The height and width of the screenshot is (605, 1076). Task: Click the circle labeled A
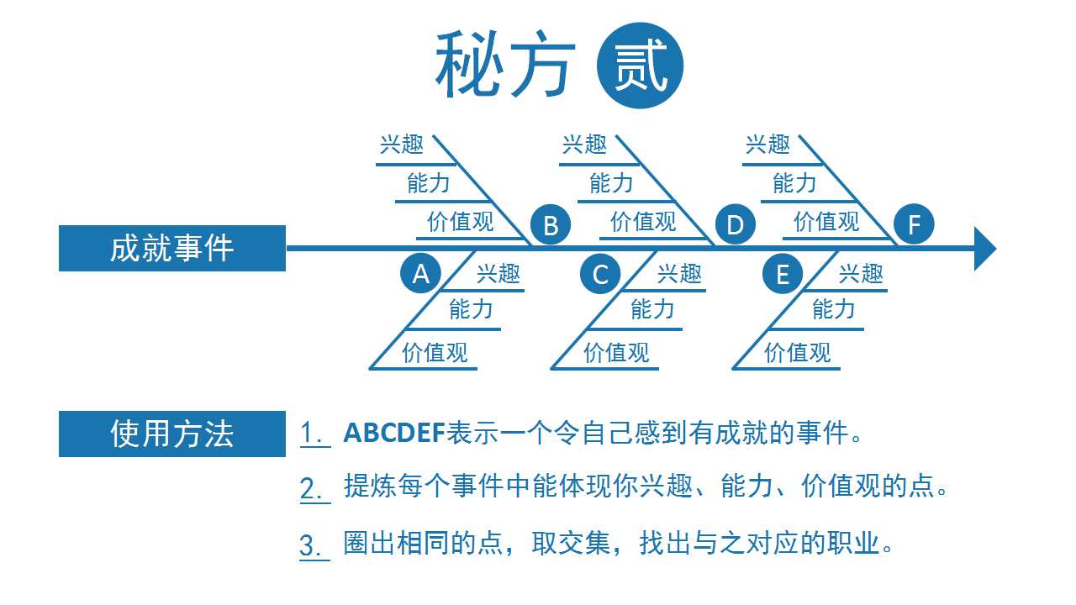pyautogui.click(x=420, y=274)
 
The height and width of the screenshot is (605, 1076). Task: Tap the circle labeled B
pyautogui.click(x=551, y=224)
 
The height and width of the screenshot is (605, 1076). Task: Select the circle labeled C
pyautogui.click(x=600, y=274)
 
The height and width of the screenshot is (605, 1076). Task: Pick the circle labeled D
pyautogui.click(x=735, y=224)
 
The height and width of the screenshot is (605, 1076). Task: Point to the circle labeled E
pyautogui.click(x=783, y=274)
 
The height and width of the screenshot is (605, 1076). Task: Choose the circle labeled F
pyautogui.click(x=914, y=224)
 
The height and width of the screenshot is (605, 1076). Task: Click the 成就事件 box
pyautogui.click(x=172, y=248)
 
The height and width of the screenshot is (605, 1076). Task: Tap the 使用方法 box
pyautogui.click(x=172, y=434)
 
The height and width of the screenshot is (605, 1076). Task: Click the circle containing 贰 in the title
pyautogui.click(x=640, y=66)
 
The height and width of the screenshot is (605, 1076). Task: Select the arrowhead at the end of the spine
pyautogui.click(x=984, y=249)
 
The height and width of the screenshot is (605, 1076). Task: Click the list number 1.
pyautogui.click(x=314, y=433)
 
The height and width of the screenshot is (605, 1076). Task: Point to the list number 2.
pyautogui.click(x=314, y=489)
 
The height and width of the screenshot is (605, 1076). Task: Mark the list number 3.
pyautogui.click(x=314, y=546)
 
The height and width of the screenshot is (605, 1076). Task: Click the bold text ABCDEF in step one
pyautogui.click(x=394, y=433)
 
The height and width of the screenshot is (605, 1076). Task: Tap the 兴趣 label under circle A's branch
pyautogui.click(x=498, y=274)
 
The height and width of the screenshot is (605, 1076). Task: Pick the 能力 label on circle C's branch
pyautogui.click(x=652, y=308)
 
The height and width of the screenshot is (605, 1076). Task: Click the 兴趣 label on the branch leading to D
pyautogui.click(x=584, y=144)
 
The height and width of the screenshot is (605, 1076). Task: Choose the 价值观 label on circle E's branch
pyautogui.click(x=798, y=352)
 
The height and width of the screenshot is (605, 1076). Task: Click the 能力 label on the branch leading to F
pyautogui.click(x=794, y=183)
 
